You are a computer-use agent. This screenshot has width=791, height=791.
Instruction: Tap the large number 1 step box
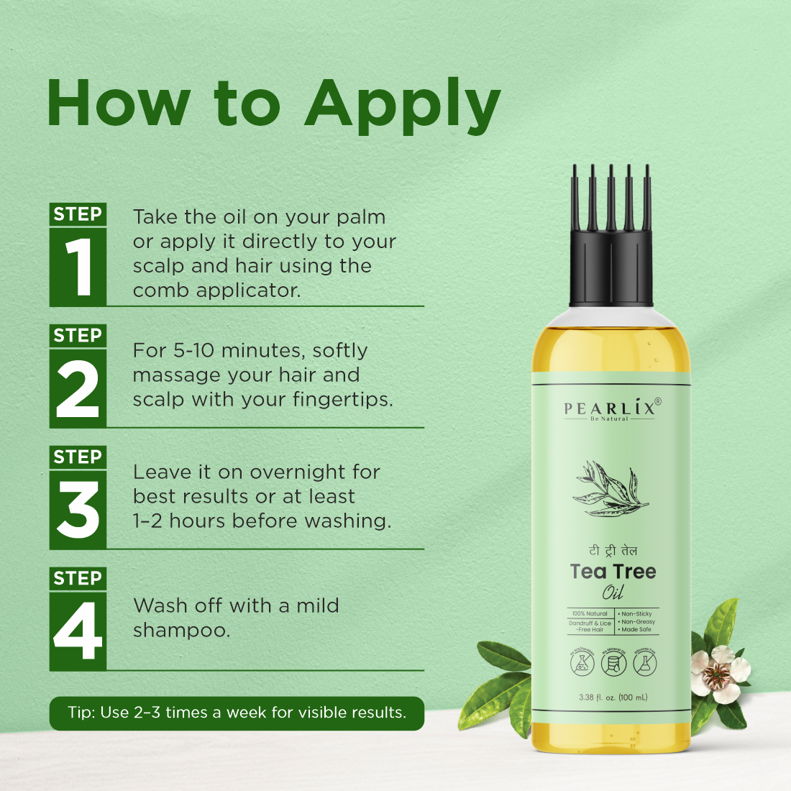point(78,267)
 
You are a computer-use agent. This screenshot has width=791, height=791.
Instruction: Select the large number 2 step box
point(78,388)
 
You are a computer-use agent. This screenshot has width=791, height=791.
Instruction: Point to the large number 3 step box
point(78,510)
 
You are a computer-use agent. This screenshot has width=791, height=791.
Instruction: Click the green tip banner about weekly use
point(237,713)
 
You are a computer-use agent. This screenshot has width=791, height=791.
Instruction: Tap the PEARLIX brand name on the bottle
point(610,408)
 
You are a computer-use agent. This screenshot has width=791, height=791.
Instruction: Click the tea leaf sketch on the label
point(611,489)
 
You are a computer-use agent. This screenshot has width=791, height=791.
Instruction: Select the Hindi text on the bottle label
point(613,551)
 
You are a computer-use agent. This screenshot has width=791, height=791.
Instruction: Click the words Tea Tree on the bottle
point(613,572)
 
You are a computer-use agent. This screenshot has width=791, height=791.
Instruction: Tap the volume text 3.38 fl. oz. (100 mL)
point(613,697)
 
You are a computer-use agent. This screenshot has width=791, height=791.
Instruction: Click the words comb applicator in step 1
point(216,291)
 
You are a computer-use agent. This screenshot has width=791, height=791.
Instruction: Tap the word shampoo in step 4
point(181,631)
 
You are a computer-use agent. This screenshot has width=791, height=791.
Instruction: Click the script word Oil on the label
point(613,593)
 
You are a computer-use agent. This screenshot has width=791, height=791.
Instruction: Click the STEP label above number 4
point(78,578)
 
